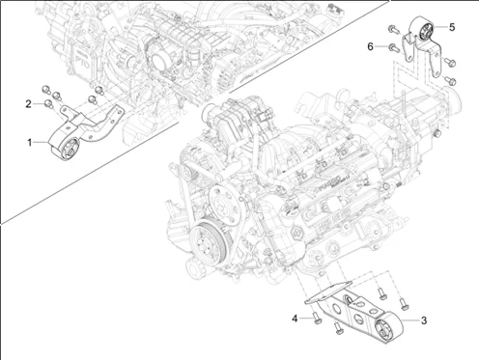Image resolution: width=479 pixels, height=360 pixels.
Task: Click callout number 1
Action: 29,141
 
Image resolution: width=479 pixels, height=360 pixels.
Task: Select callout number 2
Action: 29,102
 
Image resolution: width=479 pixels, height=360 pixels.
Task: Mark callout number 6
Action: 370,45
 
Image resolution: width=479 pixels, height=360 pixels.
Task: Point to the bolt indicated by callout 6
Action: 389,45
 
